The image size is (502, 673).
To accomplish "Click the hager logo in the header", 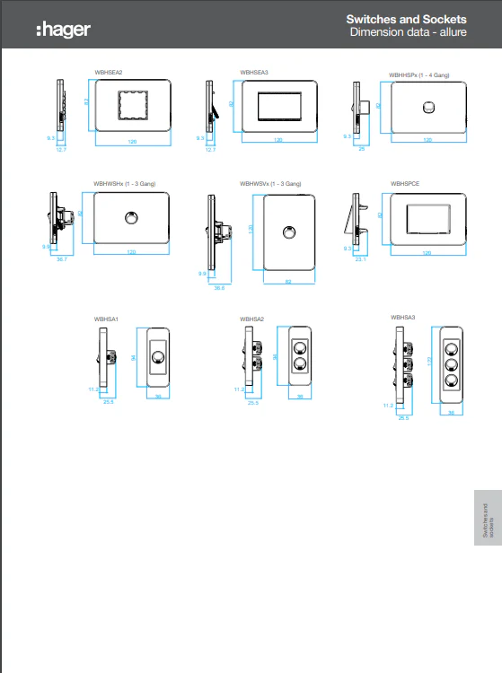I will click(x=63, y=30).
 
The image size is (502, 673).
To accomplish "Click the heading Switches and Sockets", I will click(x=406, y=20).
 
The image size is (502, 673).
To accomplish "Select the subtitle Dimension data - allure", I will click(x=408, y=33).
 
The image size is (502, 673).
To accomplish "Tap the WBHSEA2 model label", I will click(x=108, y=72).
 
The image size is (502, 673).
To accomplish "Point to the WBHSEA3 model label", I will click(x=254, y=72).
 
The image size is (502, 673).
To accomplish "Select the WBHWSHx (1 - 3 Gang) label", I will click(x=125, y=183).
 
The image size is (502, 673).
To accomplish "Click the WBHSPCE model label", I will click(x=405, y=183).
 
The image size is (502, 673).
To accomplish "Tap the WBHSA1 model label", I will click(x=106, y=319).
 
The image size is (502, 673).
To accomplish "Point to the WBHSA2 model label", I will click(x=252, y=319).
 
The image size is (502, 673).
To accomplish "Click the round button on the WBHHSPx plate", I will click(x=428, y=108).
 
